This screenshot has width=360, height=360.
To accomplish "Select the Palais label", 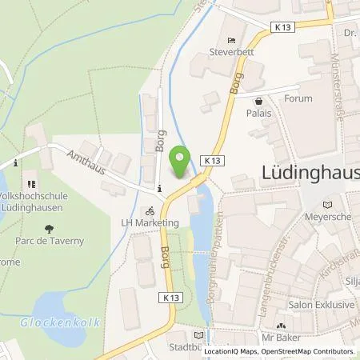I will pyautogui.click(x=258, y=114).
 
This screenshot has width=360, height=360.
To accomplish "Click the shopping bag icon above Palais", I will pyautogui.click(x=258, y=101).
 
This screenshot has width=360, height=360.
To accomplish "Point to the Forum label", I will pyautogui.click(x=298, y=98).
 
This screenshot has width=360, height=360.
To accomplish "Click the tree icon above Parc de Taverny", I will pyautogui.click(x=49, y=226).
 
